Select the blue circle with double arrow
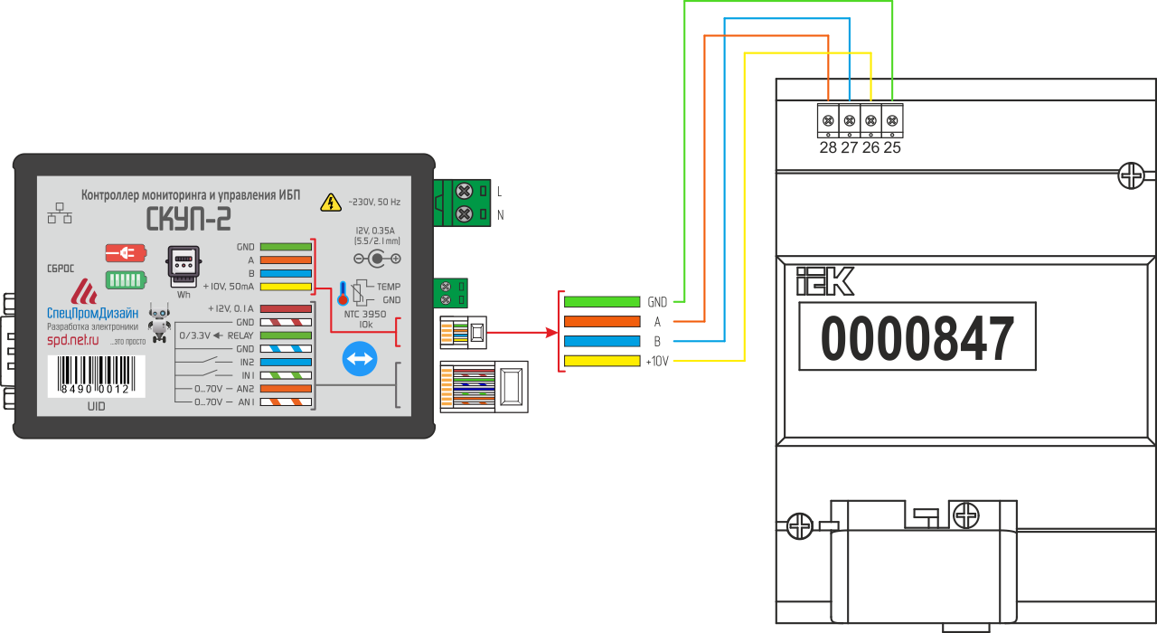[359, 359]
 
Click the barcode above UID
[96, 375]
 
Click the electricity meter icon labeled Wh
[183, 266]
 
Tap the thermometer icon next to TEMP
[343, 294]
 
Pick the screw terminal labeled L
[465, 191]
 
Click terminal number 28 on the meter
[828, 119]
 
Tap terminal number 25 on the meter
[892, 119]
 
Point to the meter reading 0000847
[917, 336]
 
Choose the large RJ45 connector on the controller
[483, 387]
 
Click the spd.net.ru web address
[72, 340]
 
